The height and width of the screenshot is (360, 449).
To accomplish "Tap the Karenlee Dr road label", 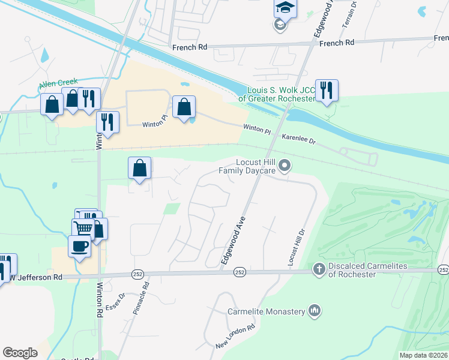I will [298, 139].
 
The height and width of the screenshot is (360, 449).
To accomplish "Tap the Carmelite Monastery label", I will [267, 311].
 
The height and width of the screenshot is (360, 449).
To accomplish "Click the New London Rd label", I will [236, 337].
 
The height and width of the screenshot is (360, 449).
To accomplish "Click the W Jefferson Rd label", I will [37, 277].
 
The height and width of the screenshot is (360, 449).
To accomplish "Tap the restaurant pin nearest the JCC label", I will [327, 91].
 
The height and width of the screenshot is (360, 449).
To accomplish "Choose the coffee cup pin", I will [79, 246].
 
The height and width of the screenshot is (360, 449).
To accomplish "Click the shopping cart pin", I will [83, 229].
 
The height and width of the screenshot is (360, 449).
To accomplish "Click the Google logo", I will [20, 353].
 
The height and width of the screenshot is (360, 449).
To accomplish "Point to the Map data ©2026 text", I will [423, 355].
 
